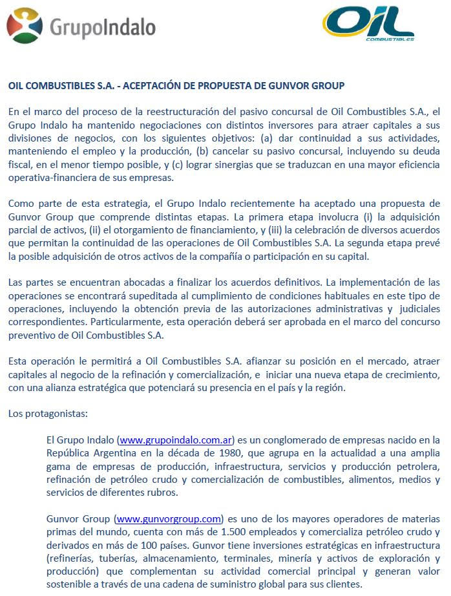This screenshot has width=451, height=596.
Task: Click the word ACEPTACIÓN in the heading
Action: coord(148,85)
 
